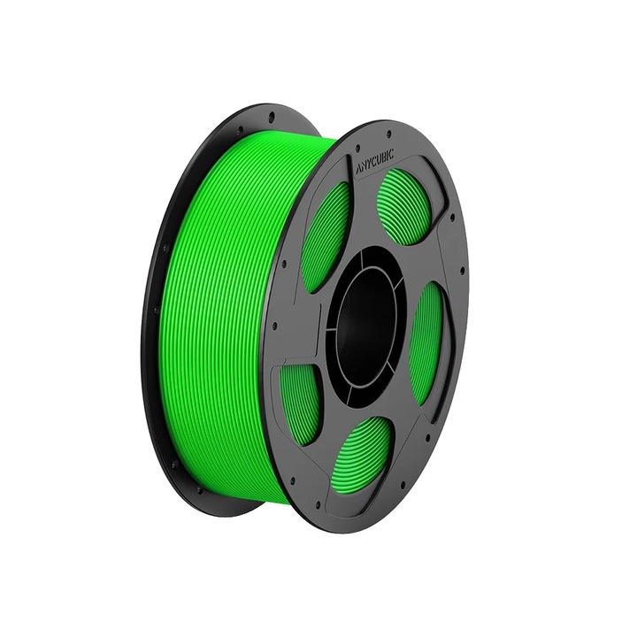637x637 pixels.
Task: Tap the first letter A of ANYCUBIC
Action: pos(358,167)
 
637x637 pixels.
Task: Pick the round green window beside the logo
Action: pos(403,208)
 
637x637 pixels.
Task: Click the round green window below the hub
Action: pos(365,452)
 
